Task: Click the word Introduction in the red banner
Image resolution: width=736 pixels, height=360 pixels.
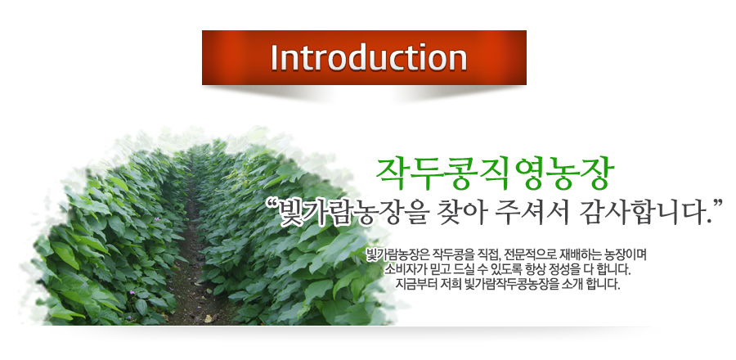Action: click(x=369, y=58)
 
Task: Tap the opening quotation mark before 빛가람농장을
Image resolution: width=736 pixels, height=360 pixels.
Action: click(x=272, y=205)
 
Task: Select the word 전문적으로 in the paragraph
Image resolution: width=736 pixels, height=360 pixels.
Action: click(x=528, y=255)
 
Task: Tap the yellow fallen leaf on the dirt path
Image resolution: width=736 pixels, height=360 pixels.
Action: click(x=209, y=318)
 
